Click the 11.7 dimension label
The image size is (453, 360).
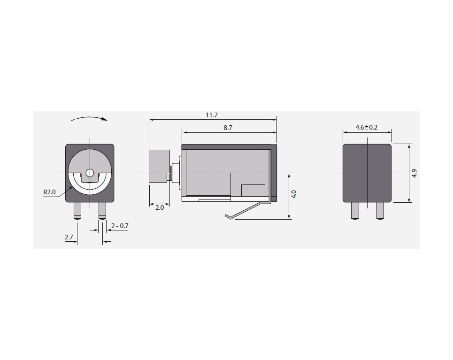(211, 115)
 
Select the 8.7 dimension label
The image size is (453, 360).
(228, 128)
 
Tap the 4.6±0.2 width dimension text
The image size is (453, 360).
(366, 127)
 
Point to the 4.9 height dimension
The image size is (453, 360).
(415, 173)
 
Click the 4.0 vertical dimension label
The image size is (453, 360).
(294, 194)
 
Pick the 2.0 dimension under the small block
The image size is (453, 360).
(160, 207)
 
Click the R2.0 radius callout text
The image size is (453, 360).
(49, 192)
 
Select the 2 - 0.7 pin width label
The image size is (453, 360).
(120, 226)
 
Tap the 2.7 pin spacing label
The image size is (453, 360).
(69, 237)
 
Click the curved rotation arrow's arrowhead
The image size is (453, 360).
(105, 119)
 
